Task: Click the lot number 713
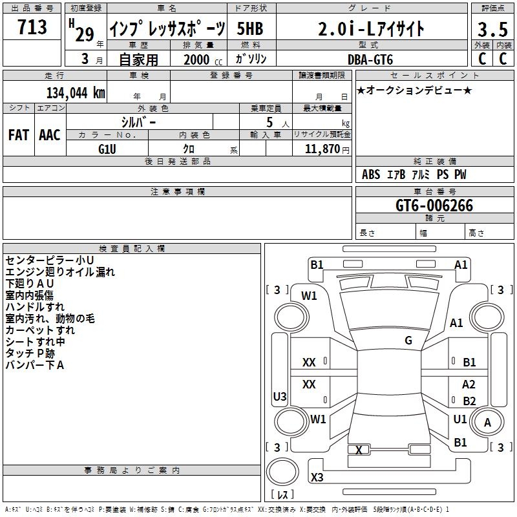click(32, 26)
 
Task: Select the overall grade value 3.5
click(492, 29)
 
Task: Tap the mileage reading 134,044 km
click(76, 92)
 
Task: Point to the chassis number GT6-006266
click(434, 206)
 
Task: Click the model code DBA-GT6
click(370, 59)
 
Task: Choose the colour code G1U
click(107, 149)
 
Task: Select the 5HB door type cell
click(250, 28)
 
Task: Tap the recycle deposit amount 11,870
click(322, 149)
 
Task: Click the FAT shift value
click(19, 135)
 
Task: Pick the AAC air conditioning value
click(50, 135)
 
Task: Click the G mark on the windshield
click(408, 340)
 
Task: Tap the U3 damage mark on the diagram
click(280, 396)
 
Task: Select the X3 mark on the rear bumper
click(317, 477)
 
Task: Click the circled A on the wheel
click(487, 422)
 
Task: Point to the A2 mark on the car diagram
click(469, 384)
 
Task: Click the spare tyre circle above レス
click(282, 472)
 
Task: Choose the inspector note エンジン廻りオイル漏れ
click(60, 272)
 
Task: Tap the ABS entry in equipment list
click(371, 174)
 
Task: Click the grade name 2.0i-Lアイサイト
click(371, 28)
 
